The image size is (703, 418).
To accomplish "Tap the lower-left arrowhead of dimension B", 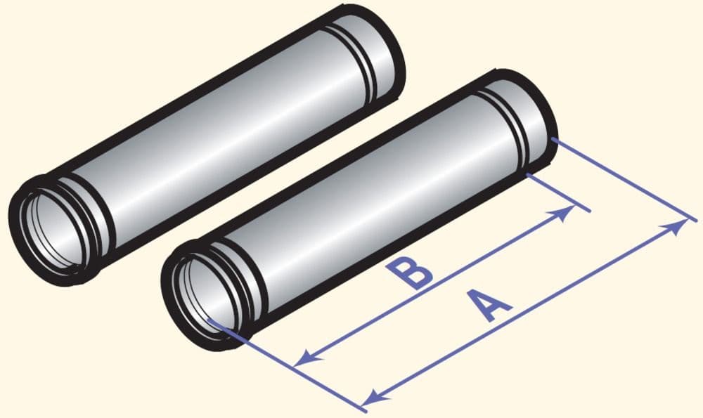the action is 309,357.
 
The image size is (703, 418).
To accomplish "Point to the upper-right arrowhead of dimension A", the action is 677,226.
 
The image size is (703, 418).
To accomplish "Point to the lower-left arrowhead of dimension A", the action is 375,395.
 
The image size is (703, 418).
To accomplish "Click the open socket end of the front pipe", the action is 206,295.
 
